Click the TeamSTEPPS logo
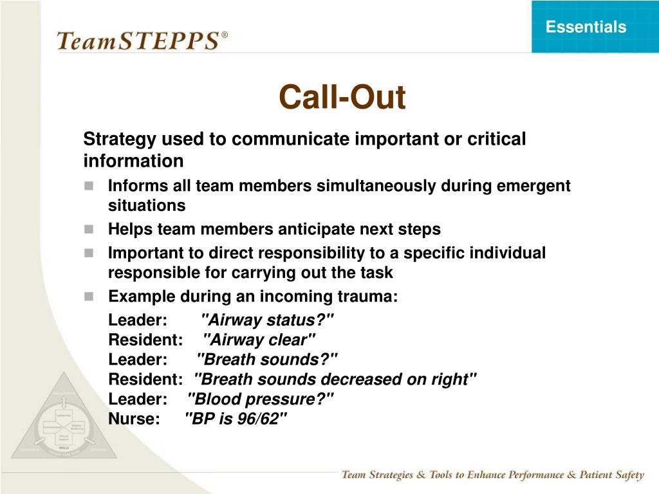[x=138, y=41]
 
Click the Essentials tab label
[x=586, y=27]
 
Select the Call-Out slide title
[x=342, y=98]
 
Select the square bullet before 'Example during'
[x=89, y=297]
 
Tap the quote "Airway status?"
[x=268, y=320]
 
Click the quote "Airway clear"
[x=259, y=340]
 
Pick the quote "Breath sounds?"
[x=267, y=360]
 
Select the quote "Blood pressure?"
[x=261, y=399]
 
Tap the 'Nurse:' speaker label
[x=134, y=419]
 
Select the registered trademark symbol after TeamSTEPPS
[x=225, y=34]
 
